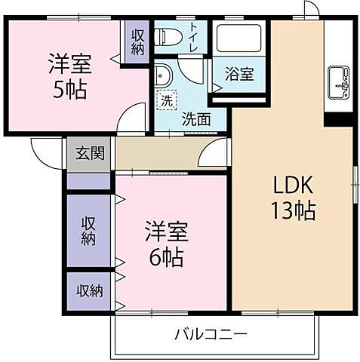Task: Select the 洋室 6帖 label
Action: pyautogui.click(x=164, y=244)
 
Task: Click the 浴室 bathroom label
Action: pyautogui.click(x=242, y=74)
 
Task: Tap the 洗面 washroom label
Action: pyautogui.click(x=195, y=118)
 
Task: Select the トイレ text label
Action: pyautogui.click(x=194, y=36)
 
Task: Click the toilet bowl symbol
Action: pyautogui.click(x=166, y=36)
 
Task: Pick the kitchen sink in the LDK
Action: pyautogui.click(x=338, y=82)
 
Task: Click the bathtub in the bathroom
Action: pyautogui.click(x=238, y=37)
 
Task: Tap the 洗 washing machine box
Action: pyautogui.click(x=165, y=99)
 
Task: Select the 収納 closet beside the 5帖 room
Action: pyautogui.click(x=137, y=41)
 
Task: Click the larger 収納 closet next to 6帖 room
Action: pyautogui.click(x=89, y=231)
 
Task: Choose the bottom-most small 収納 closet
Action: pyautogui.click(x=88, y=290)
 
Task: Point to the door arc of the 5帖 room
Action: pyautogui.click(x=133, y=121)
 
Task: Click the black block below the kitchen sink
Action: pyautogui.click(x=338, y=118)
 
